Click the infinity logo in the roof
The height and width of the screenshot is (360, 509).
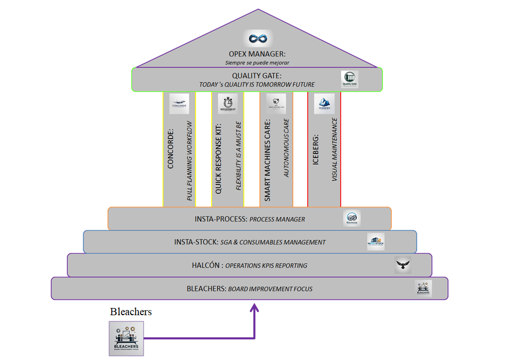[257, 39]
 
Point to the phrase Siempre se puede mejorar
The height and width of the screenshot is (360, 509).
[257, 63]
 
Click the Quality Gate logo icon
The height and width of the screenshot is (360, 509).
[349, 79]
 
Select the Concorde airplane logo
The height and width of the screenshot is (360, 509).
[179, 104]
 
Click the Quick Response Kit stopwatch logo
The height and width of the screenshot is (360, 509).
[228, 104]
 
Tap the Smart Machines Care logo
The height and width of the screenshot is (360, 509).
[276, 104]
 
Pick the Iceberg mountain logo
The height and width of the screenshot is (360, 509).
[324, 104]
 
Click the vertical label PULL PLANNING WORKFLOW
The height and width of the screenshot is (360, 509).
[189, 161]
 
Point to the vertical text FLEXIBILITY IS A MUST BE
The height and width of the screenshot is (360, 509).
[238, 156]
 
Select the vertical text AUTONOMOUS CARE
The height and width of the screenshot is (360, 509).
[287, 148]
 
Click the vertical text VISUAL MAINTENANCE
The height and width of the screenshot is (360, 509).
[335, 149]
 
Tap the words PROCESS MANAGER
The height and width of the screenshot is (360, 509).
[277, 219]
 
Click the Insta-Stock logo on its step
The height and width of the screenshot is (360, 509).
[376, 242]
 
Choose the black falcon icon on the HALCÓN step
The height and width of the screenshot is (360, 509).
[403, 265]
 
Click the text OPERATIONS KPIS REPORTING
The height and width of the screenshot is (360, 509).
[267, 266]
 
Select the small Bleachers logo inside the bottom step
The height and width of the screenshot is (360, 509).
[424, 288]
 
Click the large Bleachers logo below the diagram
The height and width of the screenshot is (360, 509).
[126, 338]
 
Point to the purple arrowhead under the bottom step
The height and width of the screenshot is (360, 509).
[254, 308]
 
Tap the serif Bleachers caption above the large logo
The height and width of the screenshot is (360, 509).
[131, 312]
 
